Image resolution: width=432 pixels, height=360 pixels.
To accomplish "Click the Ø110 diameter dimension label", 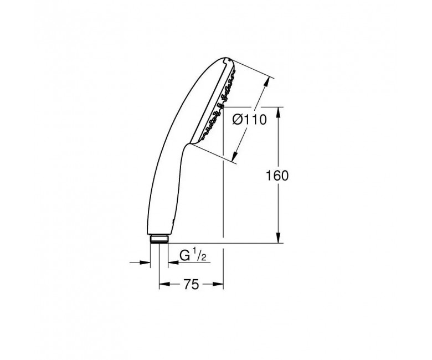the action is (250, 120).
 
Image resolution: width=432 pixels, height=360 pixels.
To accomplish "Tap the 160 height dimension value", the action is (277, 176).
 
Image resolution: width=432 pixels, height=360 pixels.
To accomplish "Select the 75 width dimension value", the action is (191, 285).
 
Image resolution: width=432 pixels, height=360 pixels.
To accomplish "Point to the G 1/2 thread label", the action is (193, 255).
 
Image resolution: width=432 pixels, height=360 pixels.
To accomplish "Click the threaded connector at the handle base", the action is (160, 239).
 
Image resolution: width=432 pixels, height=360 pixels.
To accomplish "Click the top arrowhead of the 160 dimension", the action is (279, 112).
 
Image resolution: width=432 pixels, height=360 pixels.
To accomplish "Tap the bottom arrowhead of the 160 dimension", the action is (279, 238).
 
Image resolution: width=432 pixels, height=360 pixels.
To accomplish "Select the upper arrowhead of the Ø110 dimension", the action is (266, 82).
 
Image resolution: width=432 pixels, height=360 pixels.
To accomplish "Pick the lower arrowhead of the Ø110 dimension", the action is (235, 156).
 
